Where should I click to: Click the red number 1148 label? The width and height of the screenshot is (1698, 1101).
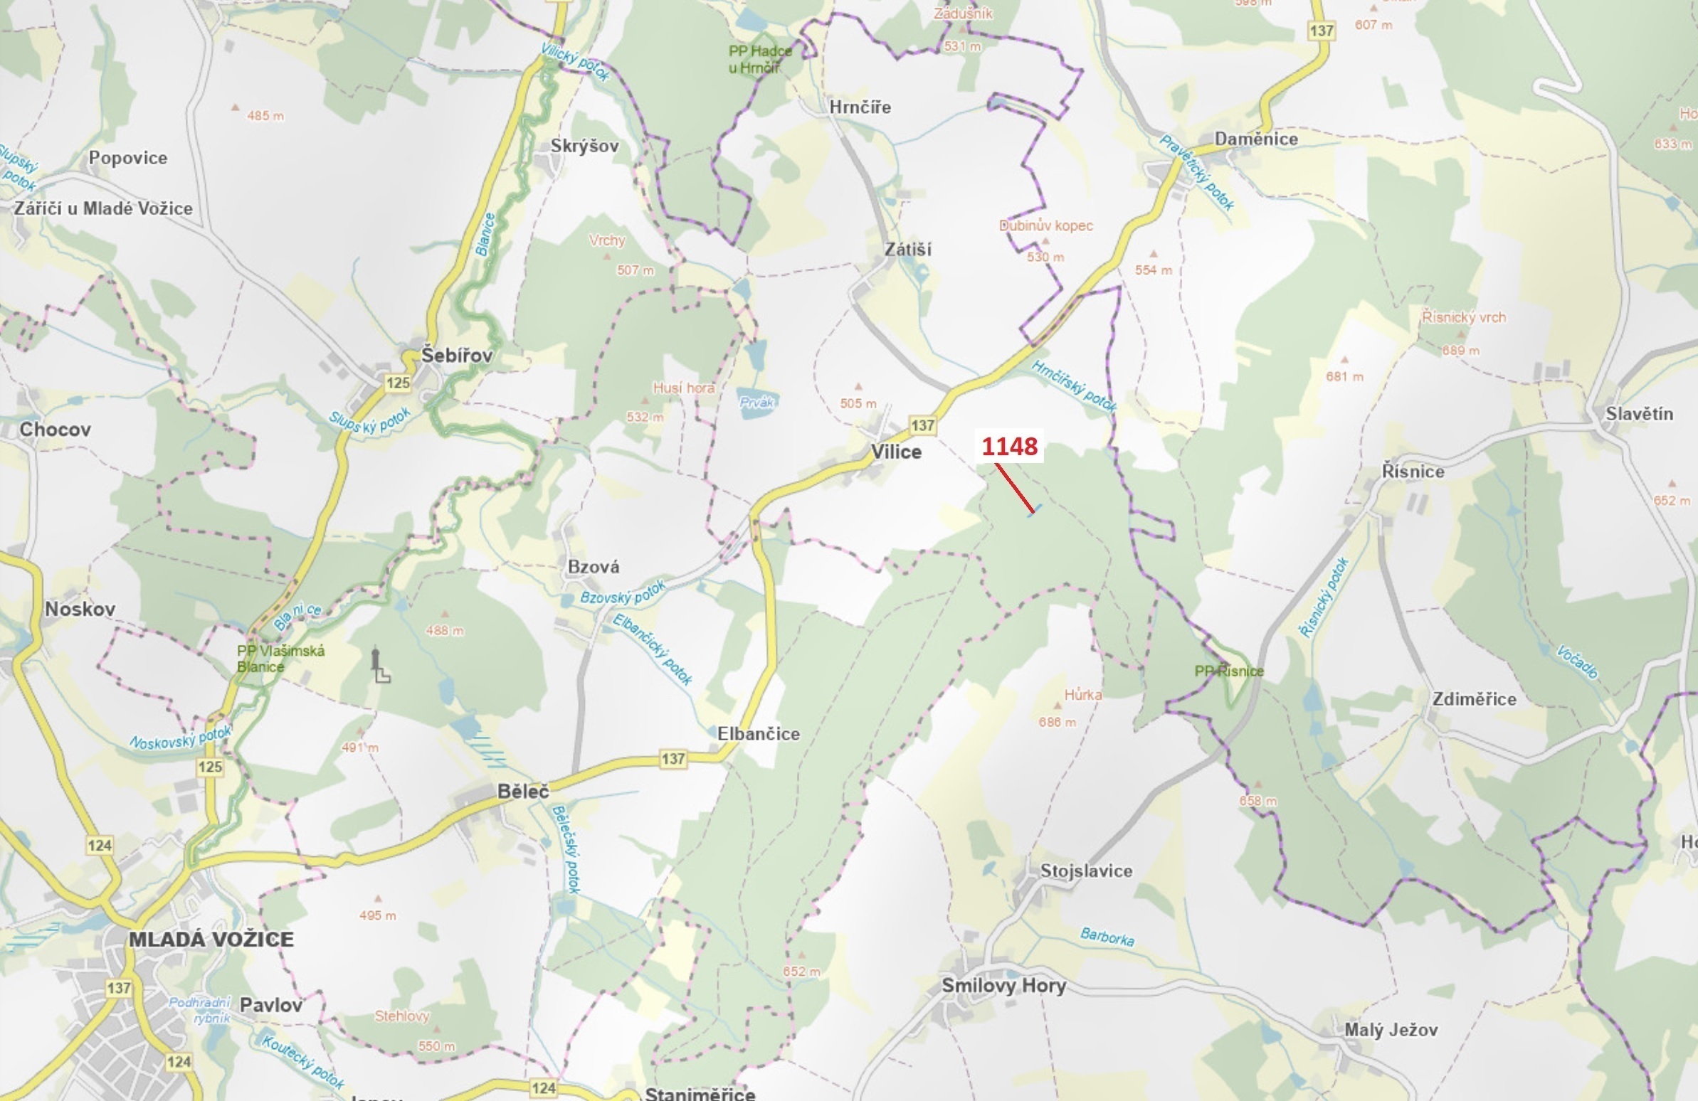(1010, 447)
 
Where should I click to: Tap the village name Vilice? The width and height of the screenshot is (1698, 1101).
(896, 452)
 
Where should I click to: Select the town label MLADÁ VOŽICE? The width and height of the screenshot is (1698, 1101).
(211, 939)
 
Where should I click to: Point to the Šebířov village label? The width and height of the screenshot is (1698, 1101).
(457, 355)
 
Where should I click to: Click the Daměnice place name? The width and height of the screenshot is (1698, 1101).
(1255, 139)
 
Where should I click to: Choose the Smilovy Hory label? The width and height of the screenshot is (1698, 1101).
(1004, 986)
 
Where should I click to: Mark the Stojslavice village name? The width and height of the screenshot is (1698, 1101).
(1086, 871)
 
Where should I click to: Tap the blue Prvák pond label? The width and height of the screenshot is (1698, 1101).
(756, 402)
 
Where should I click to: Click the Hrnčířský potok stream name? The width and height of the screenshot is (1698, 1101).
(1074, 385)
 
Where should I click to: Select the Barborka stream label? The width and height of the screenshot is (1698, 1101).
(1107, 936)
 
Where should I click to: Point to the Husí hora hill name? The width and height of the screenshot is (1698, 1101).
(683, 388)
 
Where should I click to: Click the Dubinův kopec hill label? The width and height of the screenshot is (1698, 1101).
(1046, 225)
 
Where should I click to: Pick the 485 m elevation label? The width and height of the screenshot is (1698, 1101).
(265, 115)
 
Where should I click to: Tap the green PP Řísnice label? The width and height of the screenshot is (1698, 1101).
(1228, 671)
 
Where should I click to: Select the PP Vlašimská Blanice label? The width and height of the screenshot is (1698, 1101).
(280, 658)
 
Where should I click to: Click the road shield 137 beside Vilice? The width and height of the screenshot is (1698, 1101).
(922, 426)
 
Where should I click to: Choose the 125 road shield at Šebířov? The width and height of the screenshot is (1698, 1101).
(398, 383)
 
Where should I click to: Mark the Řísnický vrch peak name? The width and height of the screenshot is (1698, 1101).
(1464, 317)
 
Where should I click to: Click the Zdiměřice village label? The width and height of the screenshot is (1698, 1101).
(1474, 699)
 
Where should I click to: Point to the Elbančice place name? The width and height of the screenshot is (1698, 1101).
(759, 734)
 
